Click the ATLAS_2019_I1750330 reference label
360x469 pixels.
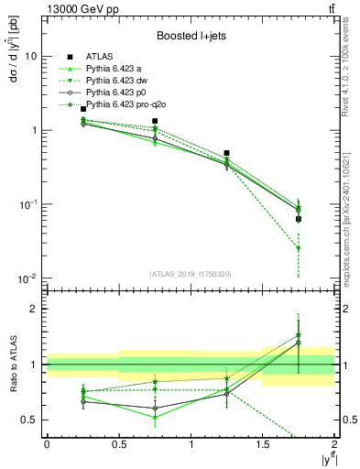coord(190,272)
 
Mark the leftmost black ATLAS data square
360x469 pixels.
coord(83,109)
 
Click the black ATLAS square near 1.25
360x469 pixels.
coord(226,153)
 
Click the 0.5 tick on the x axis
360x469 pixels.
coord(118,444)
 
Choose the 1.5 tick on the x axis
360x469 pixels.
coord(263,444)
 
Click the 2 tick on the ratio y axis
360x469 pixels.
coord(38,309)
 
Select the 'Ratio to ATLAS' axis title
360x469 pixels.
coord(13,364)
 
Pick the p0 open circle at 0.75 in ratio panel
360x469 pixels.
coord(155,408)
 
